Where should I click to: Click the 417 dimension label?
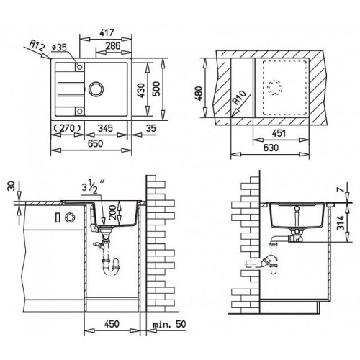pos(107,32)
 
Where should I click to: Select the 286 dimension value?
pos(113,45)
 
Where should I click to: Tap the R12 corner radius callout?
pos(37,45)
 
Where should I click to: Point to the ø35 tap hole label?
pos(59,48)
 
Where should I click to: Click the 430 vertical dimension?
pos(142,90)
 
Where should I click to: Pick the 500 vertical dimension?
pos(156,89)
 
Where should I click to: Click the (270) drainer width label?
pos(67,128)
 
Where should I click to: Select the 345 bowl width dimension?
pos(105,128)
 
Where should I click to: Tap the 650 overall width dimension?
pos(95,143)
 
